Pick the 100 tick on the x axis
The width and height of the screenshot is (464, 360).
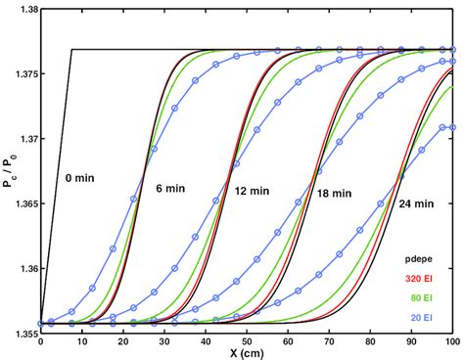(x=451, y=339)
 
